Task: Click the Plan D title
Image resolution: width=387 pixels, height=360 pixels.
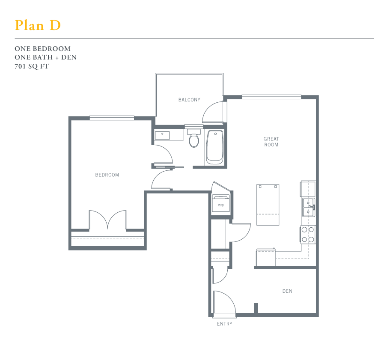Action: [38, 25]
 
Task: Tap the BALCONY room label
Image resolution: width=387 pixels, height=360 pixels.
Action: [189, 100]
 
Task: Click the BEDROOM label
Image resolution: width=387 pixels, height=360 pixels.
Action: [107, 175]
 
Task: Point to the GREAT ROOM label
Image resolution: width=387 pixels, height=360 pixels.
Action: [271, 142]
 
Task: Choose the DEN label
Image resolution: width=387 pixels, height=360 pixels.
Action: [287, 291]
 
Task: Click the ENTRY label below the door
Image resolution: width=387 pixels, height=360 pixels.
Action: [224, 324]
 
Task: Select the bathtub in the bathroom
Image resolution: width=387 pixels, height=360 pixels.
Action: [214, 147]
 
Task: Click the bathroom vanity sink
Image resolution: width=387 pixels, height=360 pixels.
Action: [163, 135]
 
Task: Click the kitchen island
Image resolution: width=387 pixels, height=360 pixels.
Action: [268, 204]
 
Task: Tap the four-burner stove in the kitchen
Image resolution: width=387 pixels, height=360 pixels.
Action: [307, 235]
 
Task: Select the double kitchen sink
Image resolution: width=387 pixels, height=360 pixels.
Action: [308, 207]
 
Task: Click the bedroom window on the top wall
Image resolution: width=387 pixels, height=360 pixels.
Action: [112, 118]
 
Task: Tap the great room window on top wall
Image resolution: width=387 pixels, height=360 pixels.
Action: [271, 96]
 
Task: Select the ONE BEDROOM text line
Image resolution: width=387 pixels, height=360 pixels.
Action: [42, 49]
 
